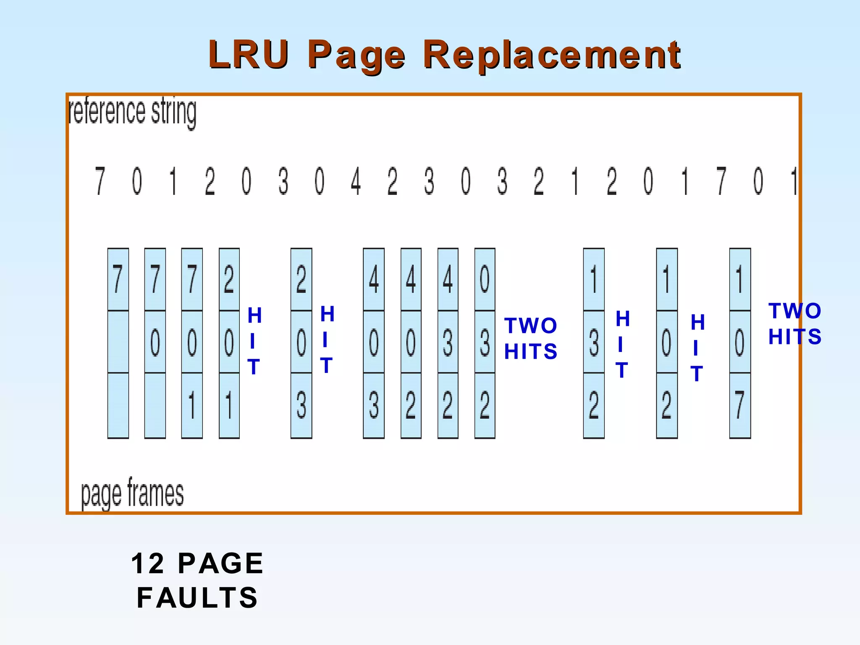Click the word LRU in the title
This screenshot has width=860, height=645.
[248, 55]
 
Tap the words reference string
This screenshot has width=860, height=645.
[132, 113]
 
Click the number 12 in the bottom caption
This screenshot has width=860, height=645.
[148, 563]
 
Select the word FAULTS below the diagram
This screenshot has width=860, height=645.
[197, 598]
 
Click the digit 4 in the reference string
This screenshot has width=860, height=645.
[356, 181]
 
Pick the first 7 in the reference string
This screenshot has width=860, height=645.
[100, 181]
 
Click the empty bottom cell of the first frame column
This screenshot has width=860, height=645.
[118, 405]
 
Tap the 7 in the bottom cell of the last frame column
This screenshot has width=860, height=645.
[739, 405]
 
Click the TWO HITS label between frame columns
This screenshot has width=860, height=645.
[531, 338]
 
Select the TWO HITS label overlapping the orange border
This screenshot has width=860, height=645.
[794, 324]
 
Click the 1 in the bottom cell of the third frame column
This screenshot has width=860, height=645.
[192, 405]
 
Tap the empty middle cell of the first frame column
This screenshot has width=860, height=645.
[118, 342]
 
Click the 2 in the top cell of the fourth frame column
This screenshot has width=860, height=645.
[229, 279]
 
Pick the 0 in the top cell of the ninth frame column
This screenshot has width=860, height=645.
[485, 279]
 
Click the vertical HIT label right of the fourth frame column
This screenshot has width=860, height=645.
[254, 341]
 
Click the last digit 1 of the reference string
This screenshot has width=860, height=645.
[793, 181]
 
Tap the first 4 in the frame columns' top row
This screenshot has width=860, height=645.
[373, 279]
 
